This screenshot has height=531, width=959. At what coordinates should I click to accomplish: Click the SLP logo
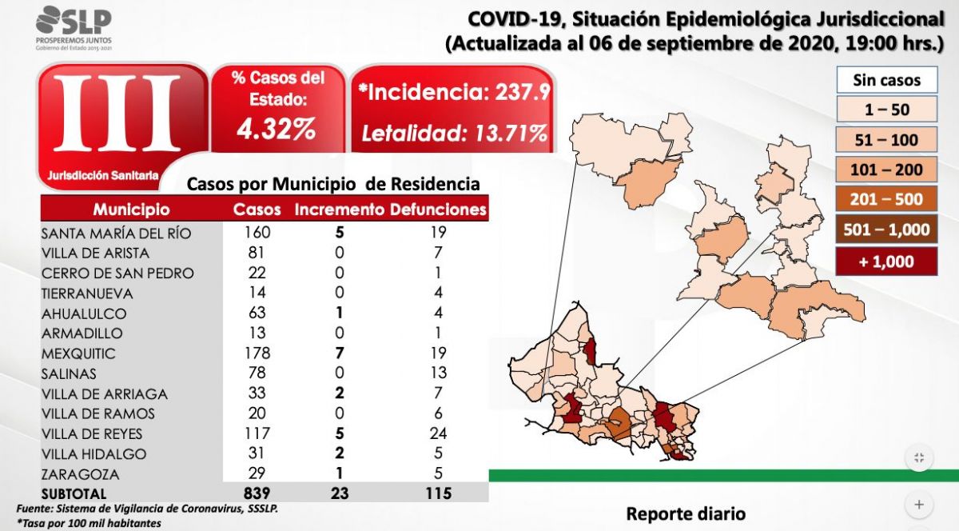coord(74,27)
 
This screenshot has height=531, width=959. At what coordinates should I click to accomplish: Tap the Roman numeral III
coord(117,114)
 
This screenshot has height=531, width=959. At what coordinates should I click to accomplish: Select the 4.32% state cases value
coord(277,129)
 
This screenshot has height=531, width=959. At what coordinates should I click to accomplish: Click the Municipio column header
coord(131,210)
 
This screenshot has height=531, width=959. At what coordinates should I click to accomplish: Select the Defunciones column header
coord(438,210)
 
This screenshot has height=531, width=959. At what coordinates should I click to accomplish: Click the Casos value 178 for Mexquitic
coord(257,353)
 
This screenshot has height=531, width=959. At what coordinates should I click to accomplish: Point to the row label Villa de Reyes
coord(91,433)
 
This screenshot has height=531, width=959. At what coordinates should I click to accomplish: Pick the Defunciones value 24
coord(437,433)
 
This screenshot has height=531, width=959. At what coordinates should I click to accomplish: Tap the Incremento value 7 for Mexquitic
coord(339,353)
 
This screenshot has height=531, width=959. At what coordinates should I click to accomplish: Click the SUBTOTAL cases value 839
coord(257,493)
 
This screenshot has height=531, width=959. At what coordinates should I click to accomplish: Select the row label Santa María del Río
coord(117,234)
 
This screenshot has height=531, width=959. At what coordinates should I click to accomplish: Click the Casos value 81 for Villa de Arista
coord(257,254)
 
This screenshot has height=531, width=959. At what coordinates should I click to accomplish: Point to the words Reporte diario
coord(685,513)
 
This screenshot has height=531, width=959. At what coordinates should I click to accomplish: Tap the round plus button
coord(919,505)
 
